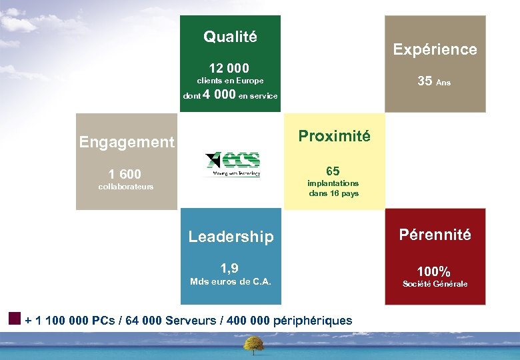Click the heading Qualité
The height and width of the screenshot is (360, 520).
pos(230,37)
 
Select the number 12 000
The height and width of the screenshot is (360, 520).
pos(229,68)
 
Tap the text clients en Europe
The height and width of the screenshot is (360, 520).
pos(230,81)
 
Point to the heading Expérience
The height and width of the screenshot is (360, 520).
pos(435,49)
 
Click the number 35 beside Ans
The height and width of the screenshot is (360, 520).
pos(425,81)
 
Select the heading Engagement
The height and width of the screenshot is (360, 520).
pos(126,142)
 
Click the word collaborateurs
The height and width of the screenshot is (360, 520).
pos(125,187)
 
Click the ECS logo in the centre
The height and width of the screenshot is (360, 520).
pos(233,164)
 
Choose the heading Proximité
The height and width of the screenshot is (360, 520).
pos(333,136)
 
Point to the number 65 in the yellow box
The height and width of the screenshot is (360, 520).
pos(333,171)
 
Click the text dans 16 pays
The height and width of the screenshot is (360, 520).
pos(333,193)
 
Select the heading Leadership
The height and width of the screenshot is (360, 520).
pos(231,237)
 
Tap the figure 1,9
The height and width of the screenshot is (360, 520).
pos(230,268)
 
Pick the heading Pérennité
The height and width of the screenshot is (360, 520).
pos(435,235)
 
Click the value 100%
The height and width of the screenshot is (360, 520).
pos(434,271)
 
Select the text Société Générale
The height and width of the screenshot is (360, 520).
pos(435,284)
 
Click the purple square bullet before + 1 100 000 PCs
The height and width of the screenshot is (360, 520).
pos(15,317)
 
